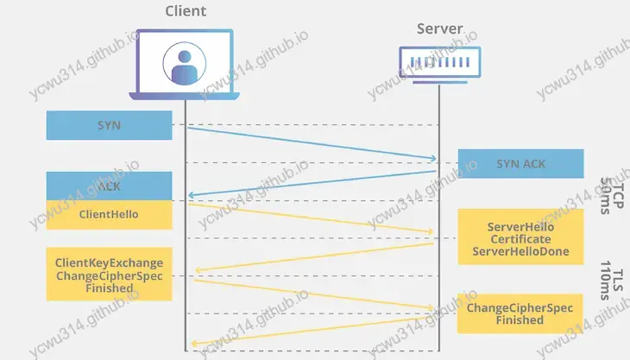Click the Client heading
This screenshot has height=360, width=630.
tap(185, 11)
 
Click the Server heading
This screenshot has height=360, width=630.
tap(439, 28)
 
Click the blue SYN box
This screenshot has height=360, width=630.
tap(109, 126)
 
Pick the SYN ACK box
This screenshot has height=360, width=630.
tap(520, 163)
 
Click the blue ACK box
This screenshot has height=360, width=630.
tap(109, 186)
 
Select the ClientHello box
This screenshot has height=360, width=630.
tap(109, 213)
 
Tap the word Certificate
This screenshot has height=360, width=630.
tap(520, 238)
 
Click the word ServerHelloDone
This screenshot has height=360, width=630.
tap(520, 251)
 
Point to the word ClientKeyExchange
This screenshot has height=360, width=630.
tap(109, 262)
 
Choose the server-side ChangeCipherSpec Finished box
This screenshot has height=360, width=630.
tap(520, 313)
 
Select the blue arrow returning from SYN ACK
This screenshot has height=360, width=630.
tap(311, 182)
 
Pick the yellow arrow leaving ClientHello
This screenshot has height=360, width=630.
tap(311, 218)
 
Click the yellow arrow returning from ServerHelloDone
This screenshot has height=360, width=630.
tap(311, 258)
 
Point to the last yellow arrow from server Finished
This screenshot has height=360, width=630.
tap(311, 331)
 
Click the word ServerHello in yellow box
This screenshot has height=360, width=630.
tap(520, 225)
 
